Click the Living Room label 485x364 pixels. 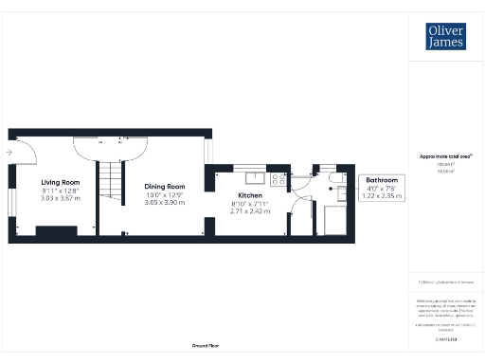60,182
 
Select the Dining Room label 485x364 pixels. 164,187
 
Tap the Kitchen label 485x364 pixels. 249,195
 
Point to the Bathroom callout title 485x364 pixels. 383,180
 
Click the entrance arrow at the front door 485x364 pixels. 9,152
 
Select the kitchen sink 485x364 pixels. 254,176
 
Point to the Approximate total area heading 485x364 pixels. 445,155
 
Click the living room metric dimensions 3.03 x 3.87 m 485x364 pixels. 60,199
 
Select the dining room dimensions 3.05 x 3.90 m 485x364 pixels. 164,203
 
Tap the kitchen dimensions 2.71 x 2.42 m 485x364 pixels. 249,211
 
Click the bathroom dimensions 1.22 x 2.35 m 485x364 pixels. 383,195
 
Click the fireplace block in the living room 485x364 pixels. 56,230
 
